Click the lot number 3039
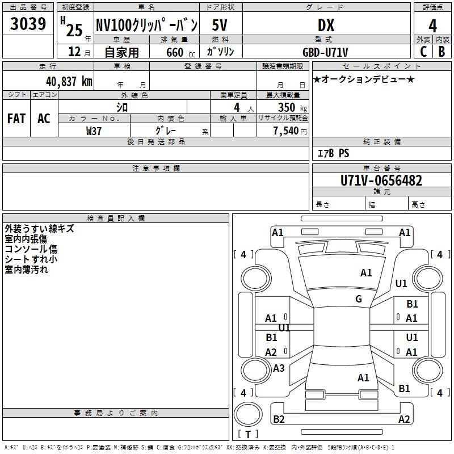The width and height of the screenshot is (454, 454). (28, 24)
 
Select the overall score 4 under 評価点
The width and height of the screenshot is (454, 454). (433, 26)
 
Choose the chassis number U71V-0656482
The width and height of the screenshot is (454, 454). (381, 181)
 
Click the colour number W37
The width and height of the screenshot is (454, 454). (94, 131)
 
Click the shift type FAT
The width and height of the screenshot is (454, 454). (16, 119)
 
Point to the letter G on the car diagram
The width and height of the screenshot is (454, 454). (359, 299)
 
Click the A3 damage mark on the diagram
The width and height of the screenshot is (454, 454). (279, 368)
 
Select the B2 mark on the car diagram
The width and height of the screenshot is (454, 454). (279, 419)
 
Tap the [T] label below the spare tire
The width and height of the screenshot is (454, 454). (248, 435)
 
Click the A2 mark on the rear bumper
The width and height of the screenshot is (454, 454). (404, 419)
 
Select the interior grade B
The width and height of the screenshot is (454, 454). (442, 51)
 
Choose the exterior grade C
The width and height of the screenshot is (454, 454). (423, 51)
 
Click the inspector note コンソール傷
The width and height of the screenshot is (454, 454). (31, 249)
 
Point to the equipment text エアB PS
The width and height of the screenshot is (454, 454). (333, 153)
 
